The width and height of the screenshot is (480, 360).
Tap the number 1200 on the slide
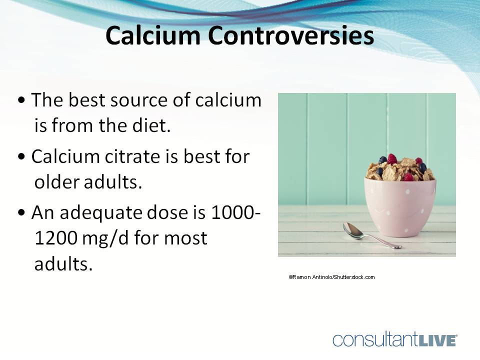pos(55,238)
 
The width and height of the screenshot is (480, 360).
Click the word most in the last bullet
pos(186,238)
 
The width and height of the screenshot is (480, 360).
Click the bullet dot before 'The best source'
pos(21,101)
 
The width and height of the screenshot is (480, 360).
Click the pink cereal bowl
pos(399,205)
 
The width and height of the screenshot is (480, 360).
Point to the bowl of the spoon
pos(353,229)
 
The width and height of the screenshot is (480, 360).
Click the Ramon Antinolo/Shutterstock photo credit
pos(331,277)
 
